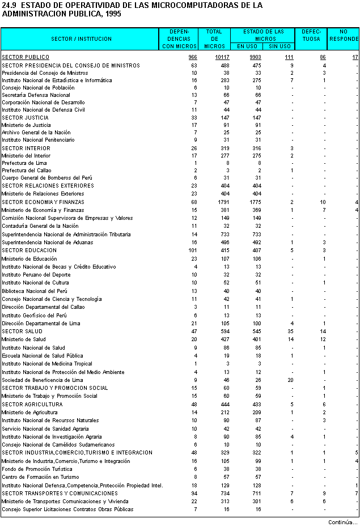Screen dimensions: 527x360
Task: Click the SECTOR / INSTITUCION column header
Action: click(81, 39)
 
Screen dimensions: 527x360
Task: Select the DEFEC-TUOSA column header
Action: click(311, 35)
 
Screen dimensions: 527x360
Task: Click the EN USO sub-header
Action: click(248, 46)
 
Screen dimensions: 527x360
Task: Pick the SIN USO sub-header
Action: click(279, 46)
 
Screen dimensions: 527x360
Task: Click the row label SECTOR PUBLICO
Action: click(26, 57)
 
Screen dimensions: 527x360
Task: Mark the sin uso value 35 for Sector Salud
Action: click(290, 331)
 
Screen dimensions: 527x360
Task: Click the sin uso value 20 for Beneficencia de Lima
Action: click(290, 380)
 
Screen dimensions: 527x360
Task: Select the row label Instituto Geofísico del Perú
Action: click(34, 315)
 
